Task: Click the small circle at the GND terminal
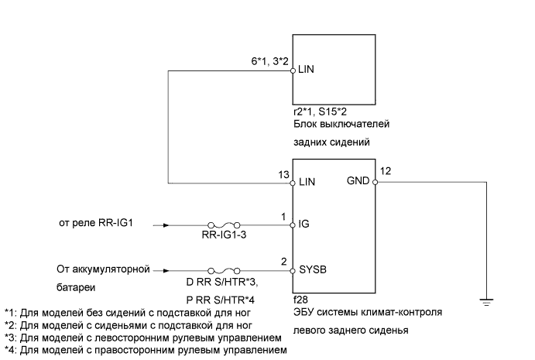pos(374,183)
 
